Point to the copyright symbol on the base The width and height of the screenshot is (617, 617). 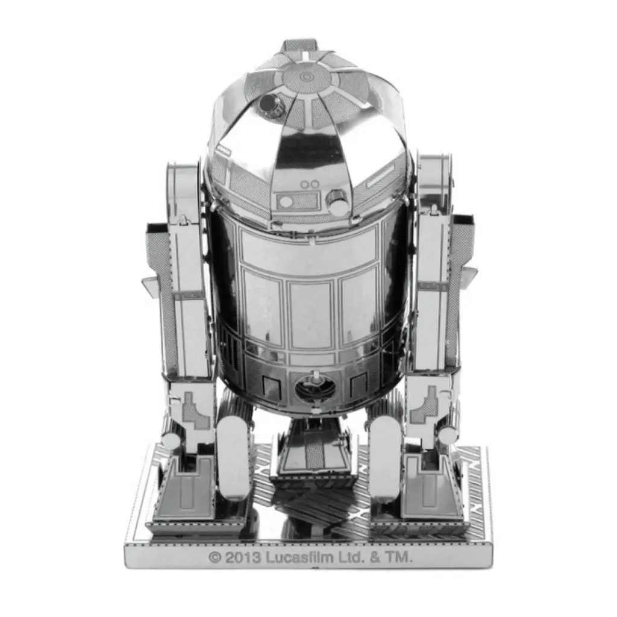[x=215, y=557]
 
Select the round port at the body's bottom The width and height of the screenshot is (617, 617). [x=315, y=390]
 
